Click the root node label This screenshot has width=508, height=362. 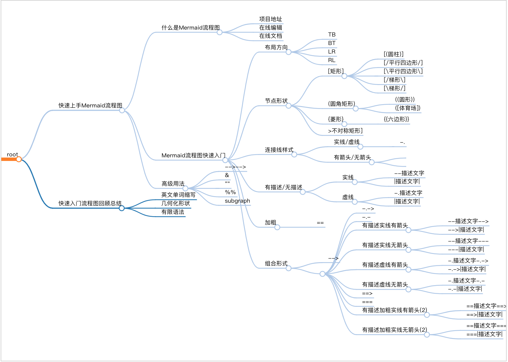click(x=12, y=155)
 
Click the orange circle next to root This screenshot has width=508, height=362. click(x=19, y=159)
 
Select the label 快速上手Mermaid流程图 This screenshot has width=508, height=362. click(x=90, y=105)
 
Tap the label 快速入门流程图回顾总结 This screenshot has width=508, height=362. click(x=90, y=203)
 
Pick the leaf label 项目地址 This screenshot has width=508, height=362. click(x=270, y=19)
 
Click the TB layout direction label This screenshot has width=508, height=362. click(x=332, y=34)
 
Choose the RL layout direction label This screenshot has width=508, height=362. click(x=332, y=60)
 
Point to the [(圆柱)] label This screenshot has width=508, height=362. click(x=394, y=54)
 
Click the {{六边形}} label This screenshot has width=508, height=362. click(x=396, y=119)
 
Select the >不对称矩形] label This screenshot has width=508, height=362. click(x=345, y=131)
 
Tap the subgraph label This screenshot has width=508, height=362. click(x=237, y=201)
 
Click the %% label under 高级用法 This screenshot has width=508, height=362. click(x=230, y=192)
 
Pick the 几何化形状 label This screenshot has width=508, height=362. click(x=175, y=203)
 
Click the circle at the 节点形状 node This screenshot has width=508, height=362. click(x=289, y=105)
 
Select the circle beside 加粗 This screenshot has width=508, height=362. click(x=277, y=227)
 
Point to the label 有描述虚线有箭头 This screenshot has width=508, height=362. click(x=385, y=265)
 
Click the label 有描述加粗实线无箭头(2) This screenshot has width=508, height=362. click(x=394, y=330)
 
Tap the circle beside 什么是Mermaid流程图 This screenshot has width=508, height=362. click(x=219, y=32)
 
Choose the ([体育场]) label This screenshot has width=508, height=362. click(x=407, y=108)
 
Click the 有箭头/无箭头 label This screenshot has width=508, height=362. click(x=352, y=157)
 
